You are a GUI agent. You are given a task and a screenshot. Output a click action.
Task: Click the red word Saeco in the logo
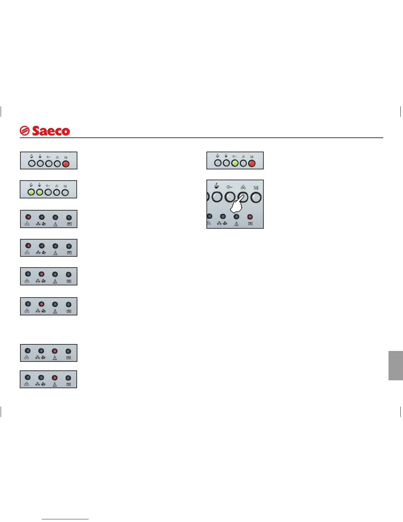tap(51, 131)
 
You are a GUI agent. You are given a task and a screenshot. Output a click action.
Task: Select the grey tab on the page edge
tap(395, 365)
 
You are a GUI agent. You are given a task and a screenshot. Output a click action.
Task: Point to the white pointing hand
tap(236, 206)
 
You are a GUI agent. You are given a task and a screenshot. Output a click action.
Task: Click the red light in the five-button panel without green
tap(66, 163)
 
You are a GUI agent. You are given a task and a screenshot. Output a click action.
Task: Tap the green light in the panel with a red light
tap(235, 163)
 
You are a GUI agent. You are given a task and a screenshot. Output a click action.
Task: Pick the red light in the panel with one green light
tap(252, 163)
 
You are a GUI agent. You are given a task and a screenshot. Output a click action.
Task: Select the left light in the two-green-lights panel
tap(31, 192)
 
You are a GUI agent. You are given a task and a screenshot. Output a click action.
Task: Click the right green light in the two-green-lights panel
tap(40, 192)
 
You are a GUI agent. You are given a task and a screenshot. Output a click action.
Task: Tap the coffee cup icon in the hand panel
tap(217, 186)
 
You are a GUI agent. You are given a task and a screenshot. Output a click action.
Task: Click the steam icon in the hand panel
tap(229, 187)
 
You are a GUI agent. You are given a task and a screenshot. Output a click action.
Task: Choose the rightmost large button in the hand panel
tap(256, 197)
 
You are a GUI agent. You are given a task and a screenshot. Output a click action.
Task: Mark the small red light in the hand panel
tap(250, 217)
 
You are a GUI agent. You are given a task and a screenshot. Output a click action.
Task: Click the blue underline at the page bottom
tap(66, 519)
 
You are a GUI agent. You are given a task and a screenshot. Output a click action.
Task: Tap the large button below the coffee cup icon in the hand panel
tap(217, 197)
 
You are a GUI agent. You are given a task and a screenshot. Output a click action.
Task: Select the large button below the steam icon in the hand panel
tap(230, 197)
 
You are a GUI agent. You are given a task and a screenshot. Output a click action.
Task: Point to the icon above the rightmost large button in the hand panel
tap(256, 188)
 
